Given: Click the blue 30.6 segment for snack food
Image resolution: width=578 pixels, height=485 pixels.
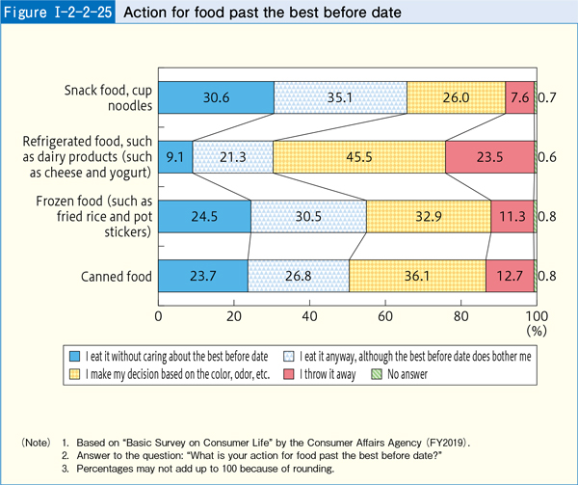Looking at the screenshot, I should pyautogui.click(x=216, y=97).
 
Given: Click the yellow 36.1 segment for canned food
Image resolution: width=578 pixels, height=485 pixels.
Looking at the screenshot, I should pyautogui.click(x=417, y=276).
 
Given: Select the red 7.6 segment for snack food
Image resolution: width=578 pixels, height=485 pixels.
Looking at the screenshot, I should pyautogui.click(x=519, y=97).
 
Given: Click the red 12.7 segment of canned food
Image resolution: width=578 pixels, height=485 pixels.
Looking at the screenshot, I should pyautogui.click(x=510, y=276).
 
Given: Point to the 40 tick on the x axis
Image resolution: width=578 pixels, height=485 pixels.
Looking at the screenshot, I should pyautogui.click(x=309, y=315).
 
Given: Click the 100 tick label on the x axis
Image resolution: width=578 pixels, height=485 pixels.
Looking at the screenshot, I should pyautogui.click(x=536, y=315).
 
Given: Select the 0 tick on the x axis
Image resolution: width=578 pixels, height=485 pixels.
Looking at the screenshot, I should pyautogui.click(x=159, y=315).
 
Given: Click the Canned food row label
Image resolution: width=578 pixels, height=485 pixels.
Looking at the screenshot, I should pyautogui.click(x=116, y=277).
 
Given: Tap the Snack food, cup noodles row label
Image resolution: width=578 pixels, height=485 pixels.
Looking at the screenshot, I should pyautogui.click(x=107, y=97).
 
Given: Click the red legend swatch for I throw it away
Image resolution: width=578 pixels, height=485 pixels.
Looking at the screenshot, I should pyautogui.click(x=355, y=372).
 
